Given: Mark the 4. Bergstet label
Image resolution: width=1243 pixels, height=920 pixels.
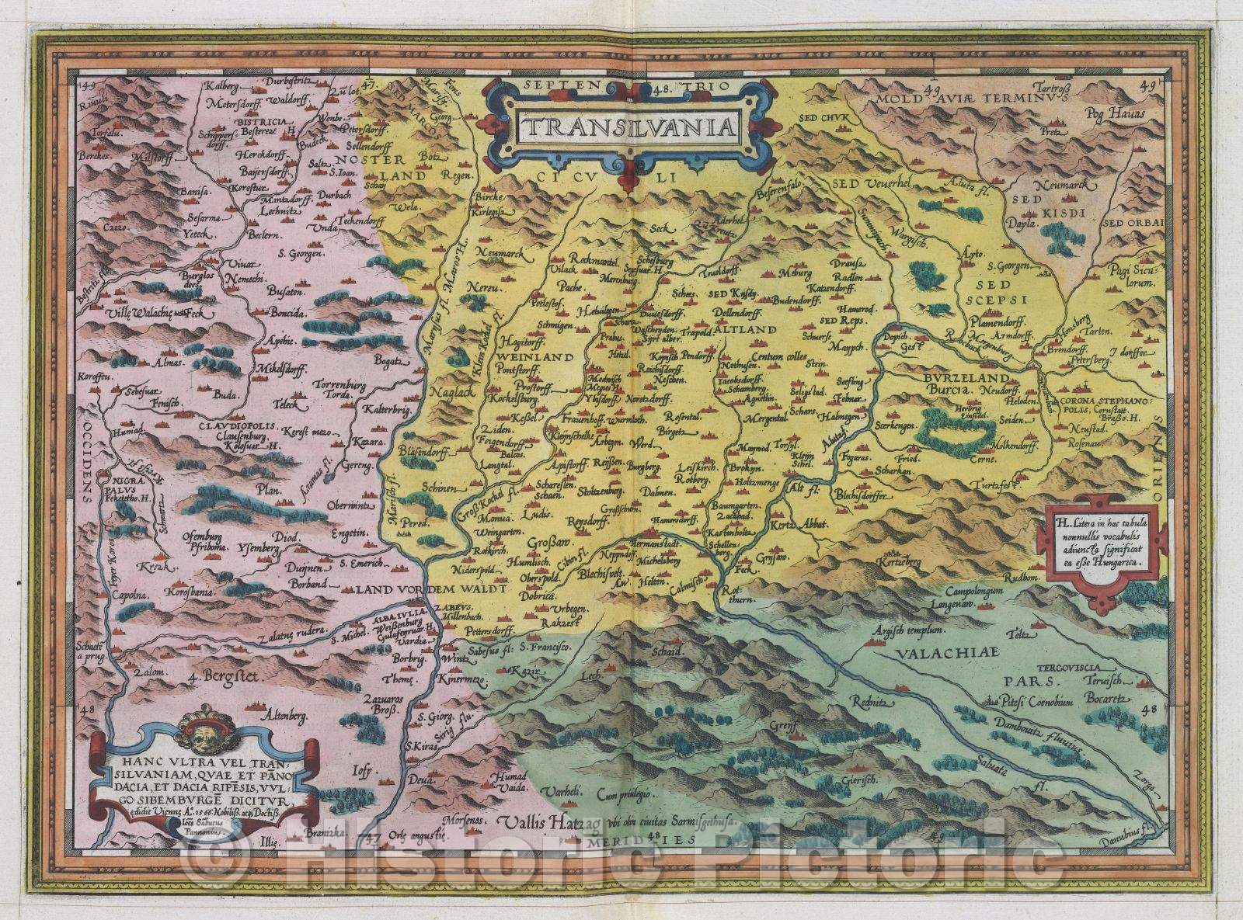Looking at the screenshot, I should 225,675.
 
